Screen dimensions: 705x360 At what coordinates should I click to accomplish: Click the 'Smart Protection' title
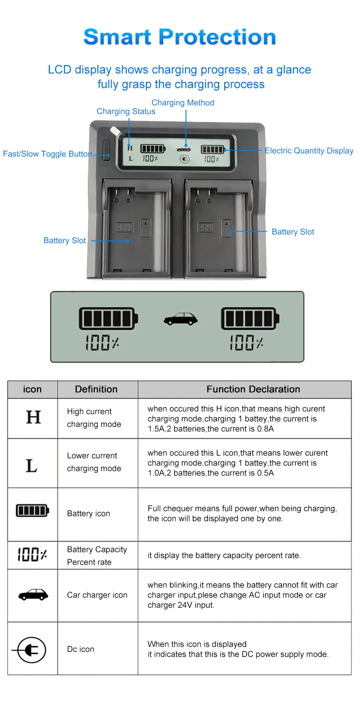[180, 37]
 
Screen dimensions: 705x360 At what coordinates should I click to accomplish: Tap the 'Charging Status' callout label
[126, 112]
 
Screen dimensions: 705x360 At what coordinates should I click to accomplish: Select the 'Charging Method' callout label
[183, 103]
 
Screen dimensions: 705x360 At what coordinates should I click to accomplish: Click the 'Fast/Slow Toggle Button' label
[47, 154]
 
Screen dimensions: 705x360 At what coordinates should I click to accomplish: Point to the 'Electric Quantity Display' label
[309, 151]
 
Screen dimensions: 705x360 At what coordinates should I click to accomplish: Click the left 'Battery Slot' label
[65, 240]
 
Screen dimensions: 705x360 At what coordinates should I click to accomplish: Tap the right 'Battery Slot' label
[293, 232]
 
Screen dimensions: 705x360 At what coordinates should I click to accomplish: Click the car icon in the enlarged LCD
[180, 319]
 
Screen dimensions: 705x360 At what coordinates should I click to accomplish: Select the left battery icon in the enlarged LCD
[108, 318]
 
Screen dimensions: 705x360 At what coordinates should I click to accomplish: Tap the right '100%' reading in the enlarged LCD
[247, 342]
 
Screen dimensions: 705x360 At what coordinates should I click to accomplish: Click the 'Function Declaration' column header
[253, 389]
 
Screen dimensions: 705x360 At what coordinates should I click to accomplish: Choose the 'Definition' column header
[96, 389]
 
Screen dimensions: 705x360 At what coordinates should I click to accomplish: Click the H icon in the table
[33, 417]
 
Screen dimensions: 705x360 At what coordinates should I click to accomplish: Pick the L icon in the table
[31, 465]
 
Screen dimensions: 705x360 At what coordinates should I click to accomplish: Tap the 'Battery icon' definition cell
[88, 514]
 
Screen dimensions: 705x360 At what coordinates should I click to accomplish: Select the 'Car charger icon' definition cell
[97, 595]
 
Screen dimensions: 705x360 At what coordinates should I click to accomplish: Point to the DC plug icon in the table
[32, 649]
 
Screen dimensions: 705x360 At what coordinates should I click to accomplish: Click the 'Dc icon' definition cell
[81, 649]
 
